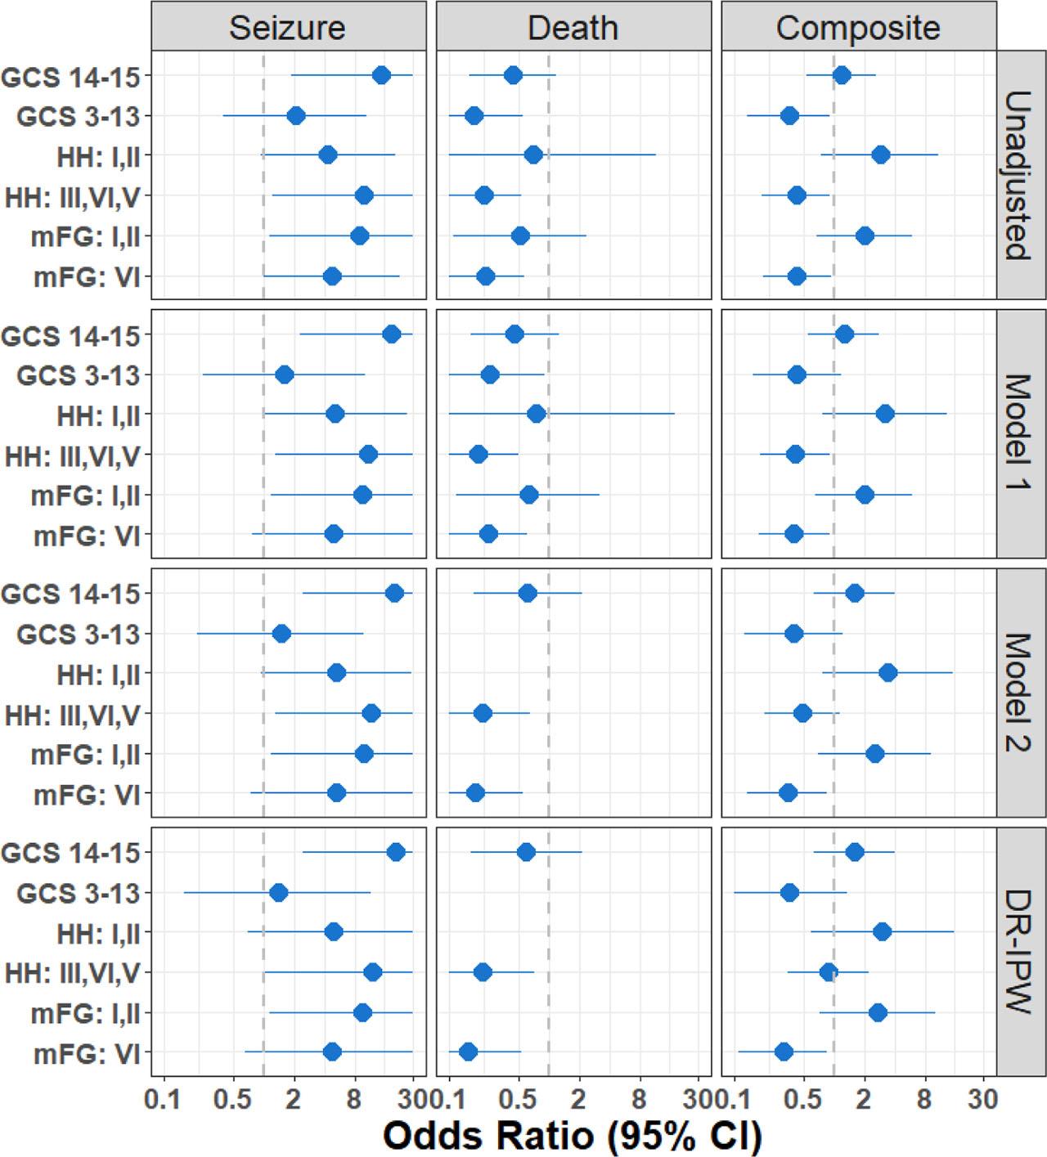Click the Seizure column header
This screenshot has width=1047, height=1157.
click(287, 27)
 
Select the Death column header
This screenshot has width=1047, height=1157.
click(573, 27)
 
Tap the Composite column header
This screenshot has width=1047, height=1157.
click(857, 27)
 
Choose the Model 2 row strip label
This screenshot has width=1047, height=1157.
click(1020, 693)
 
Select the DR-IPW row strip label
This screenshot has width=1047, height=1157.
click(1020, 952)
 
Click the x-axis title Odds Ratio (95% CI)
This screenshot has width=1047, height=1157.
click(573, 1135)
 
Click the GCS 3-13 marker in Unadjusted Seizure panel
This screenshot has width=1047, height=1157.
click(296, 116)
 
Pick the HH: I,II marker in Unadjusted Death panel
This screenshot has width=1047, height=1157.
click(533, 155)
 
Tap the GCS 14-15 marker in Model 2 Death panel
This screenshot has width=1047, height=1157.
click(528, 594)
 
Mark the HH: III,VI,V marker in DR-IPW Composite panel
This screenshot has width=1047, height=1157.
click(829, 972)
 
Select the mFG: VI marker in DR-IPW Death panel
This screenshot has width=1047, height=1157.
click(468, 1052)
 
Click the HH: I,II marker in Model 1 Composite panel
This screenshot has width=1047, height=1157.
click(884, 415)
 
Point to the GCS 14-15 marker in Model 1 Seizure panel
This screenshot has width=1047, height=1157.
click(392, 334)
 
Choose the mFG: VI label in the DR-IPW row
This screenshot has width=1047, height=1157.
click(88, 1053)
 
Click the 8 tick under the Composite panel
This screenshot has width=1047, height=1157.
click(924, 1099)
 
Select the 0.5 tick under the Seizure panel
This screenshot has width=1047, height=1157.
click(232, 1099)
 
